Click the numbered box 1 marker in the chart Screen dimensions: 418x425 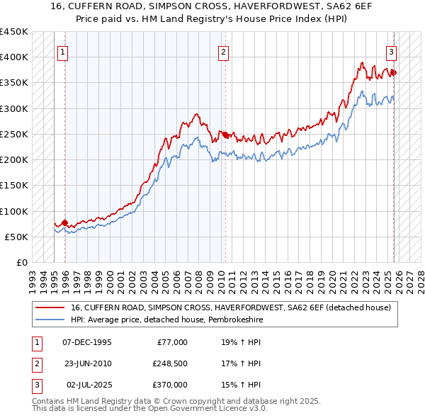(x=62, y=51)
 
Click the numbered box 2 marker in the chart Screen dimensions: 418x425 (x=223, y=51)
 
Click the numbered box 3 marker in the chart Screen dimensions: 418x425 (x=391, y=51)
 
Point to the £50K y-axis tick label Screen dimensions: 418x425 (x=17, y=237)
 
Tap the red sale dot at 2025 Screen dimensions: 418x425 (x=395, y=72)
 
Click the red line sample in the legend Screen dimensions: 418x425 (x=50, y=307)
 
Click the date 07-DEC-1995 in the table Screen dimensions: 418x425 (x=87, y=342)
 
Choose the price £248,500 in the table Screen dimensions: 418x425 (x=170, y=363)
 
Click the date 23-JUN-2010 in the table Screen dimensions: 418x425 (x=87, y=363)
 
